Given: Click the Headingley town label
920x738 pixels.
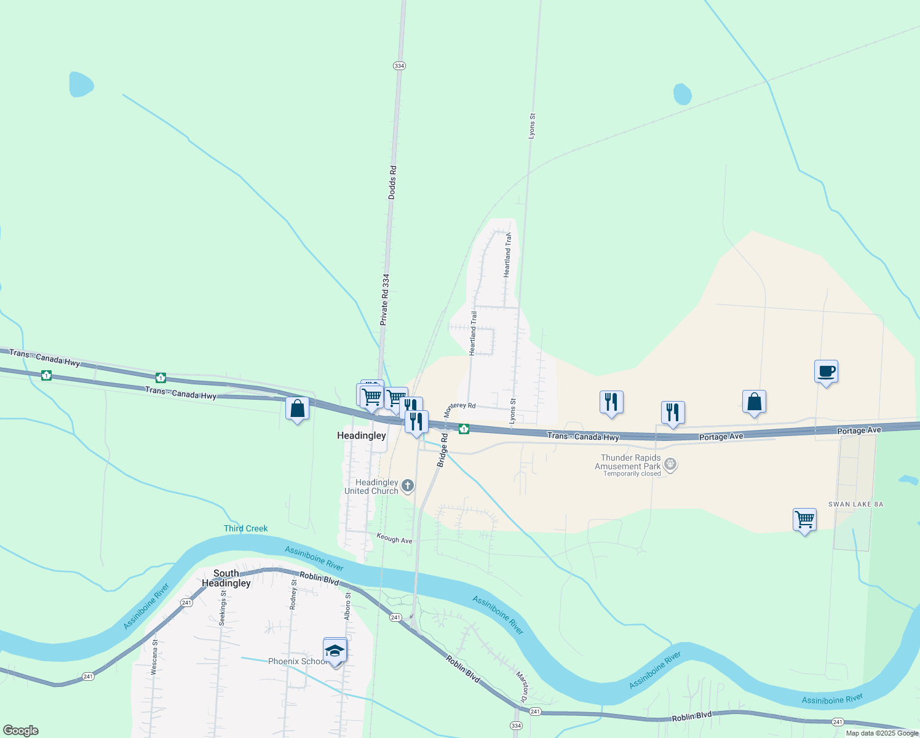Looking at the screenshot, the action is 362,435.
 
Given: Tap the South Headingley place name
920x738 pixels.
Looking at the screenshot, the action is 226,578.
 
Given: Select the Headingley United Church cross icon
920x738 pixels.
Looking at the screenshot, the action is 407,487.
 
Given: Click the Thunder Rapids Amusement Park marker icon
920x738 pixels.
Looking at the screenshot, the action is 671,464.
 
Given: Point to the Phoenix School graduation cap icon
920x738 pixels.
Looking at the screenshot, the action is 335,651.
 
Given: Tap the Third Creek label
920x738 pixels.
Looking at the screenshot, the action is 246,528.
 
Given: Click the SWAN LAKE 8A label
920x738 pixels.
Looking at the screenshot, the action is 855,504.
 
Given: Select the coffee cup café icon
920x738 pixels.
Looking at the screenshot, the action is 826,371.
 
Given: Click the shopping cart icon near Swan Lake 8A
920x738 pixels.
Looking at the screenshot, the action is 804,520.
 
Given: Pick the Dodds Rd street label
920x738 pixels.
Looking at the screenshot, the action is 392,181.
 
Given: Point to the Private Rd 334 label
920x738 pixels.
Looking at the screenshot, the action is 385,300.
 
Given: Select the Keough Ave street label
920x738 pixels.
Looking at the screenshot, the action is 394,539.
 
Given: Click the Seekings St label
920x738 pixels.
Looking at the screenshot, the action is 223,608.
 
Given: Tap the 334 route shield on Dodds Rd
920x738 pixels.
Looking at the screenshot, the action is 399,66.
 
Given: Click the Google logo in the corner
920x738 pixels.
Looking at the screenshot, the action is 20,731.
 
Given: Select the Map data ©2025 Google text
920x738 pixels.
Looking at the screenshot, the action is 882,733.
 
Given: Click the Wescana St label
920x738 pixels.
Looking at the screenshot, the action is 155,657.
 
